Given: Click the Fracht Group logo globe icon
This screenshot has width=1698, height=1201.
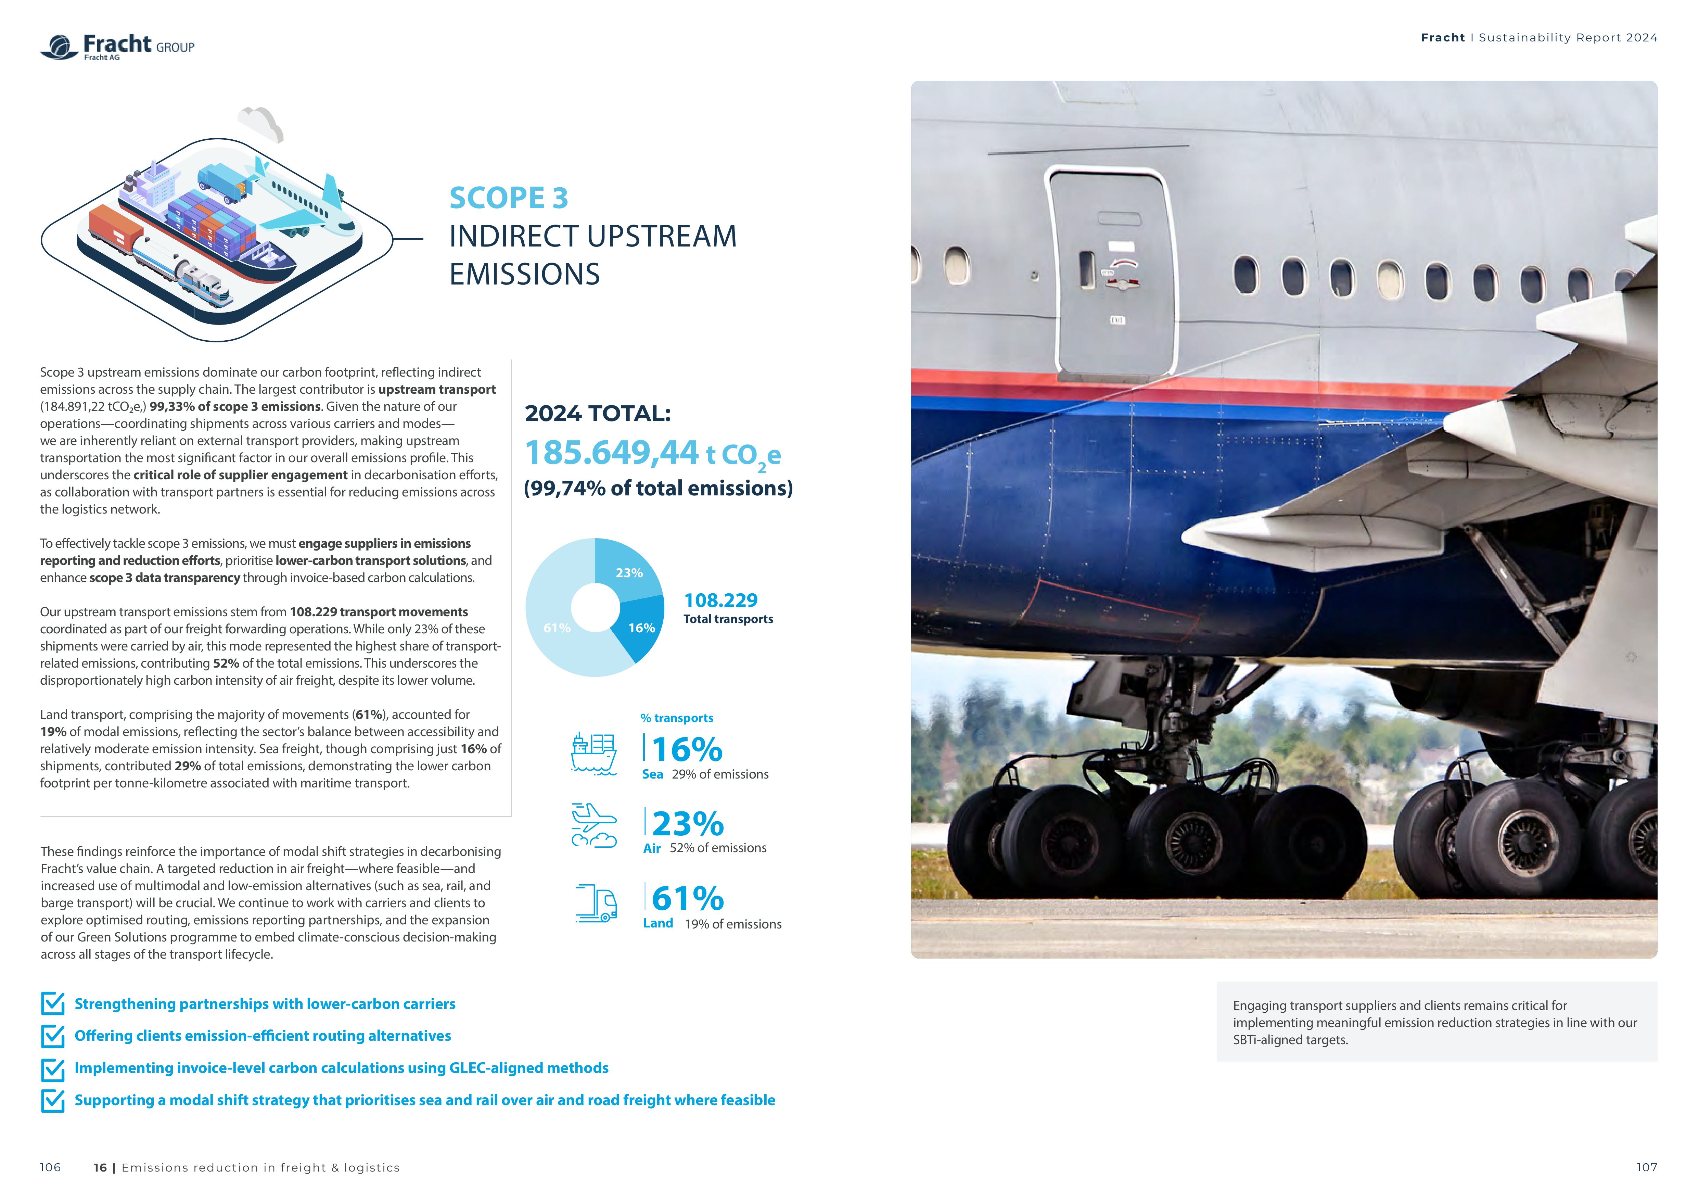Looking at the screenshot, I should point(59,47).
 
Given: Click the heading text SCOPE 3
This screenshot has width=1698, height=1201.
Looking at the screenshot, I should point(509,198).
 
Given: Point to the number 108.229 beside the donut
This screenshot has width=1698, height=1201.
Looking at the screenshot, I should point(720,600).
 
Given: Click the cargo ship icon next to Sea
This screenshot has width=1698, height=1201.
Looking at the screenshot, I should point(593,753).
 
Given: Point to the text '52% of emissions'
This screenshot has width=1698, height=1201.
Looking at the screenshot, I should point(718,848).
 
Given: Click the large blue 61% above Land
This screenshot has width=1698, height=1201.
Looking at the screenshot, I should point(688,899).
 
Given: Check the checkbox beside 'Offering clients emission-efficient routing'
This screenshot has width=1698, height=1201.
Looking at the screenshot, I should point(52,1036).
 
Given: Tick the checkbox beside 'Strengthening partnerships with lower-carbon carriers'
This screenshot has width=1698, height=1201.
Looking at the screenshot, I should point(52,1003).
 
